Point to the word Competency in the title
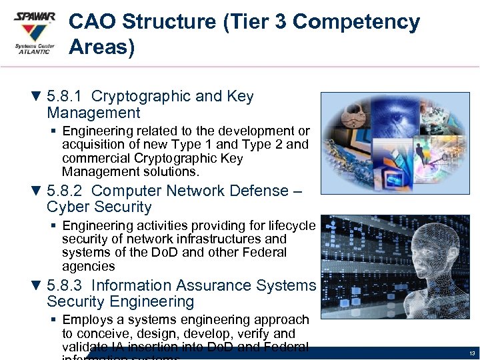pyautogui.click(x=356, y=22)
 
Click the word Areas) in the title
pyautogui.click(x=101, y=47)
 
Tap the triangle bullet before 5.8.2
pyautogui.click(x=37, y=191)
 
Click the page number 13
pyautogui.click(x=471, y=353)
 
